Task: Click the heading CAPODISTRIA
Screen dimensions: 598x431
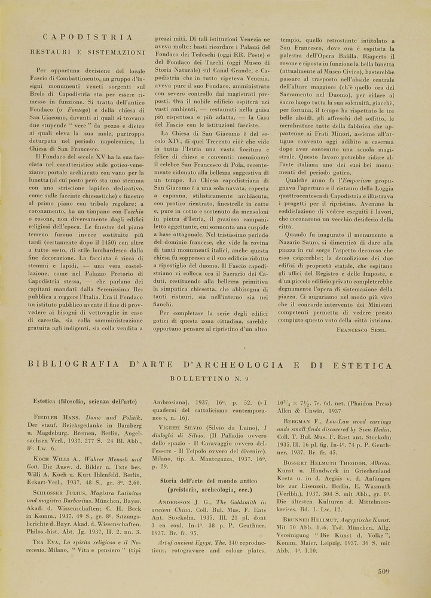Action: tap(88, 37)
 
